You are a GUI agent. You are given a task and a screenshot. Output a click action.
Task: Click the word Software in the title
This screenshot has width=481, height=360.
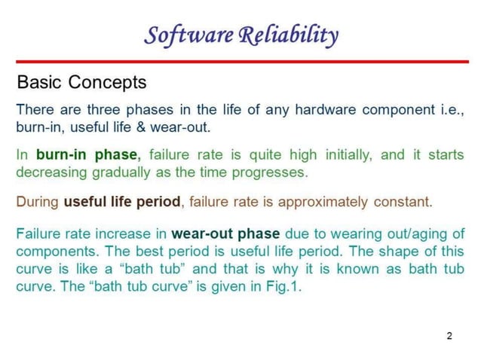[187, 35]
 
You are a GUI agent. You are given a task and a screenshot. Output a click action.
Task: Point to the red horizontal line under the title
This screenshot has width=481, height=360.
[240, 62]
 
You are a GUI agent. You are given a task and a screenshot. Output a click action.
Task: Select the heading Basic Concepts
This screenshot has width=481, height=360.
[81, 81]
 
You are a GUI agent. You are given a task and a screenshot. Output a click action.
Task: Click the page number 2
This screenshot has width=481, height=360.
[449, 335]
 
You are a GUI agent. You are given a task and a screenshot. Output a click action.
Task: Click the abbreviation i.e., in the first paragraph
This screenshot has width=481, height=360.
[451, 109]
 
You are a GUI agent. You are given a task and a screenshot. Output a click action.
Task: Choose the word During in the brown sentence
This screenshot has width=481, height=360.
[38, 202]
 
